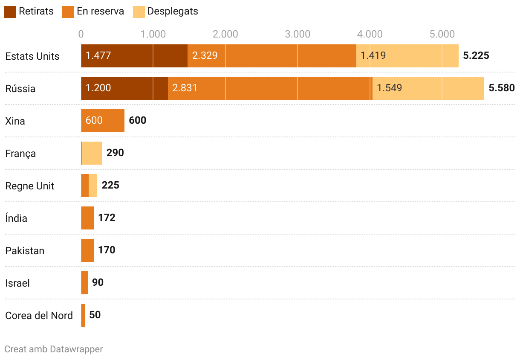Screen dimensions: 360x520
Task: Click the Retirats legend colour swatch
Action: [x=10, y=12]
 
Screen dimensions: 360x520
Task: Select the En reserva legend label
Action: [x=100, y=12]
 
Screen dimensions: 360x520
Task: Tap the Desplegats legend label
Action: [x=173, y=12]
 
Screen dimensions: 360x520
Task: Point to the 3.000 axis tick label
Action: [x=298, y=34]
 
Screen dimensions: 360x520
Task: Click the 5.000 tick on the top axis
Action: [x=442, y=34]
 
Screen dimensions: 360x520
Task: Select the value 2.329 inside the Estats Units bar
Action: [x=205, y=56]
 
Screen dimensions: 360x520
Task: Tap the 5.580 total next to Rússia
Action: [x=502, y=88]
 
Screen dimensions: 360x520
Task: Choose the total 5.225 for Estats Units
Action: [x=476, y=56]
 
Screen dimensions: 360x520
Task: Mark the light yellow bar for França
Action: [x=92, y=153]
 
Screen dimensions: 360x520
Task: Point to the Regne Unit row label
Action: [x=30, y=186]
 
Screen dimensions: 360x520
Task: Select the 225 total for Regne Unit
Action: [x=110, y=185]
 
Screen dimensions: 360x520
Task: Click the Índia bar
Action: [x=87, y=218]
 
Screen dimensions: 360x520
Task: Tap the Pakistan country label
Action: [x=25, y=251]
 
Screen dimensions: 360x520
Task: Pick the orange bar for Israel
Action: [x=84, y=283]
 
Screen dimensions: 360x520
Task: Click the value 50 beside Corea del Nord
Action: [x=95, y=315]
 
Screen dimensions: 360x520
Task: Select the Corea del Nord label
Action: [x=39, y=316]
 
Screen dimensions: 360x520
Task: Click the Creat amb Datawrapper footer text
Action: [x=54, y=349]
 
